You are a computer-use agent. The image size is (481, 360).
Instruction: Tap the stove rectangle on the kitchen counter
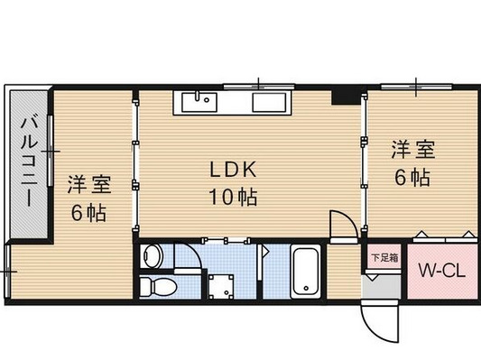click(x=270, y=101)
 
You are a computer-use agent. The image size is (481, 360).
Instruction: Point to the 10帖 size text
click(x=236, y=197)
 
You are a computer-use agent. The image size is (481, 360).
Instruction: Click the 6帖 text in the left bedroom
click(x=89, y=214)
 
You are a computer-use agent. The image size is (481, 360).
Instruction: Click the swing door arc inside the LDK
click(x=341, y=226)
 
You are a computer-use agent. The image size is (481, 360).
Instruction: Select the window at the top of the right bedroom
click(x=416, y=86)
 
